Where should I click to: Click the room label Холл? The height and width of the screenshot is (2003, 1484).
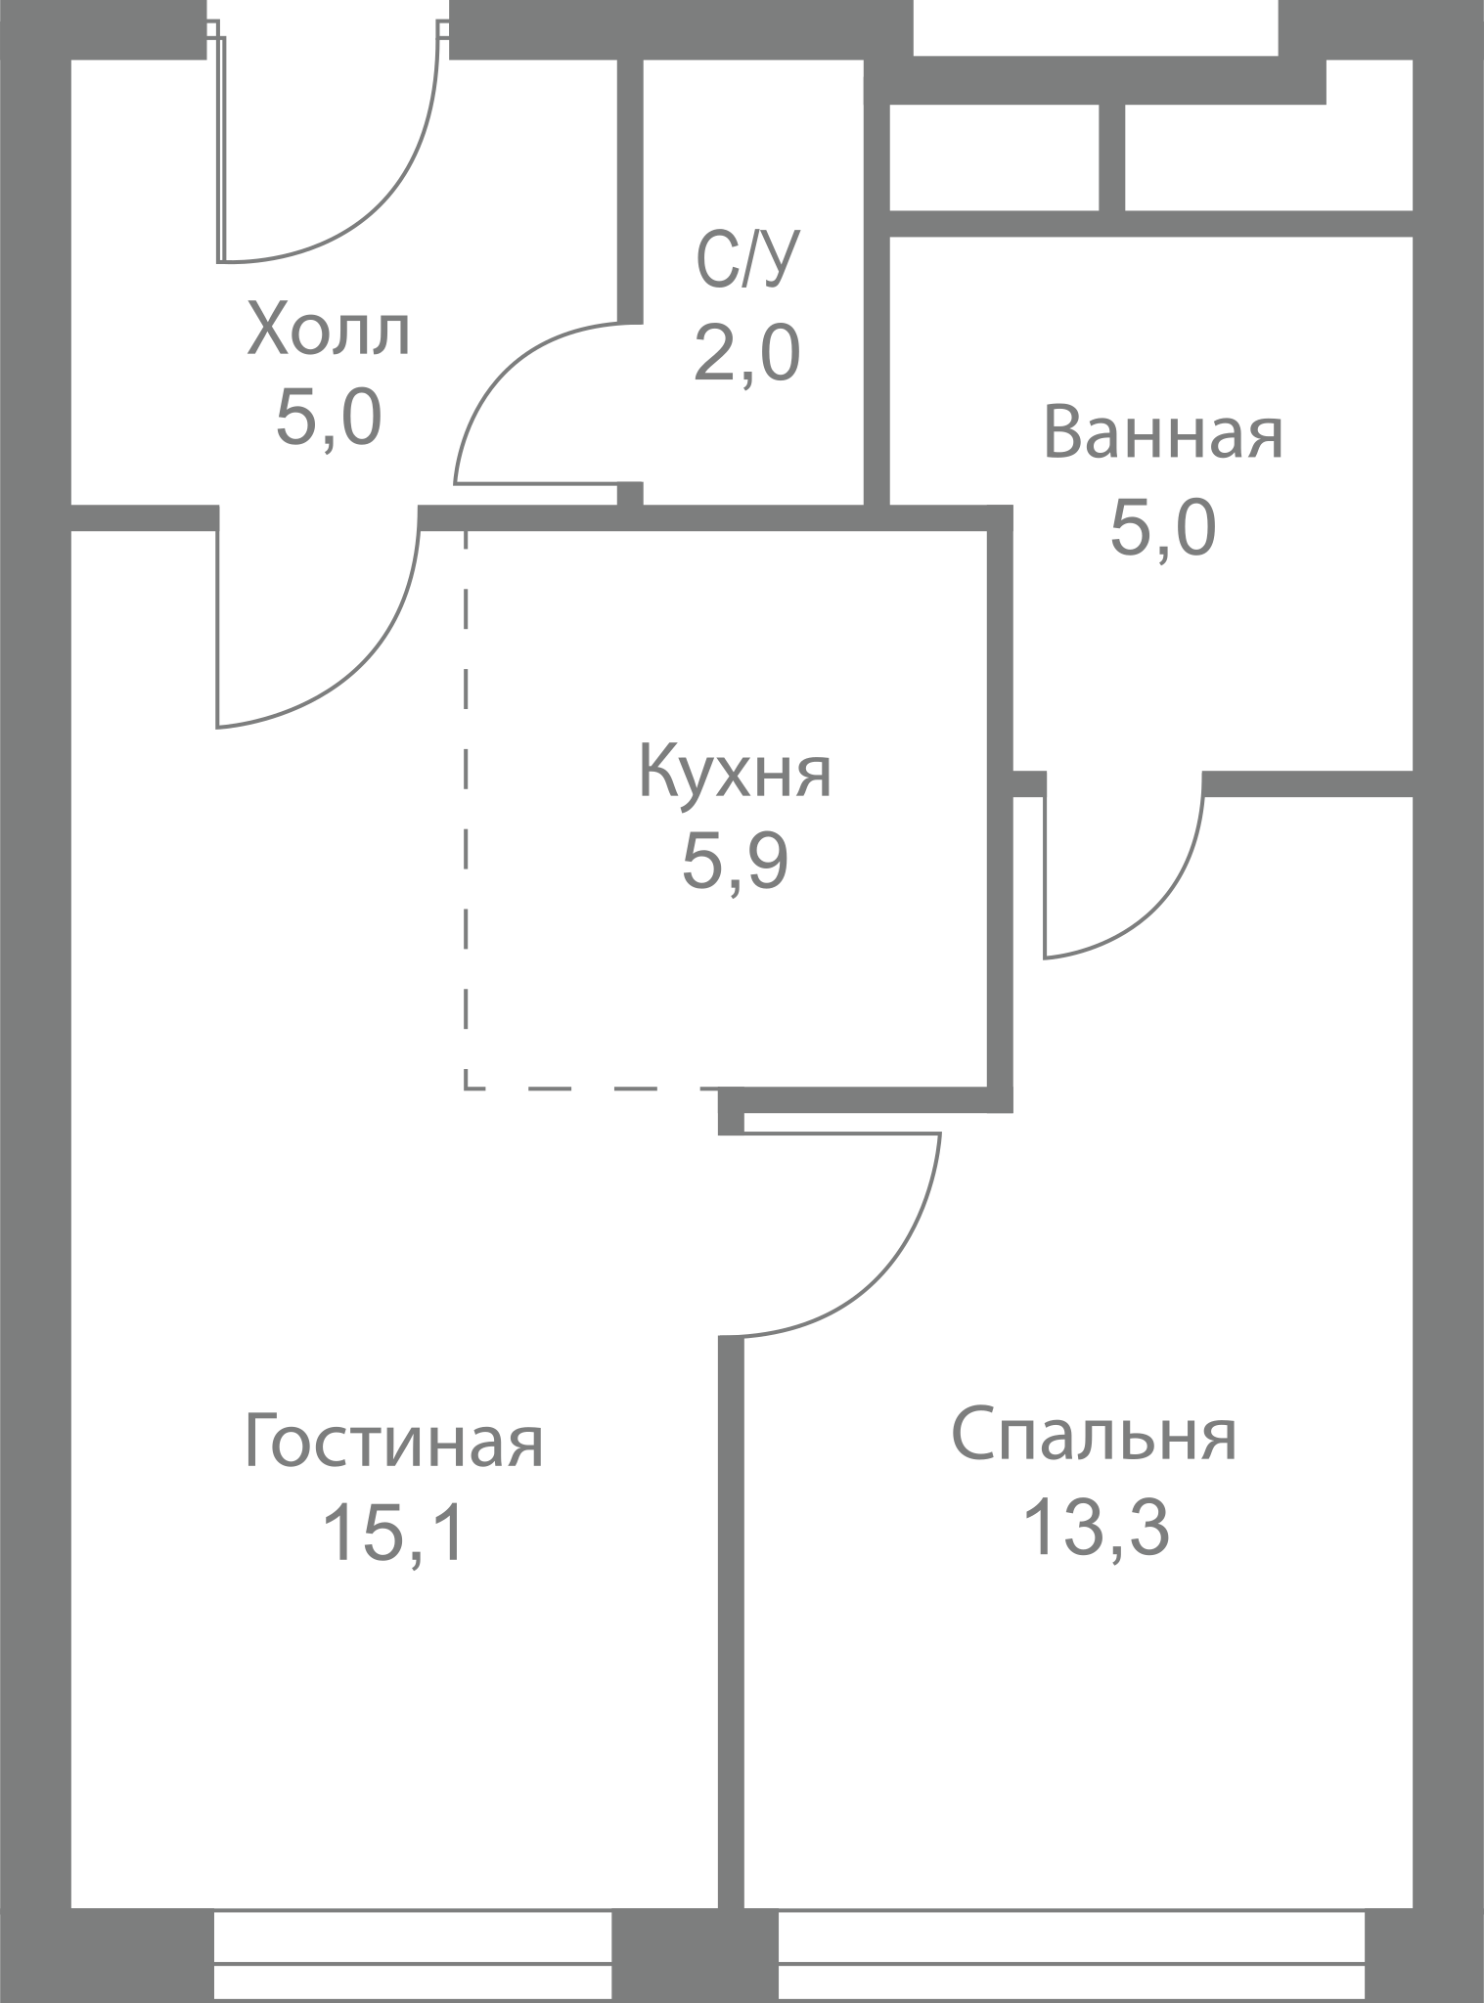[x=329, y=330]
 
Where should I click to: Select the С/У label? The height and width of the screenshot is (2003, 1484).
[x=747, y=260]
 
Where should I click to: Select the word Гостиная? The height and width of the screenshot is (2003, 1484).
[x=393, y=1441]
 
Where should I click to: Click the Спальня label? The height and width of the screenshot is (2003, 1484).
[x=1095, y=1436]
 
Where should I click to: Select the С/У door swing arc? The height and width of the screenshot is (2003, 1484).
[x=494, y=373]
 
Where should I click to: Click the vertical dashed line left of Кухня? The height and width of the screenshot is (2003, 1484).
[x=466, y=808]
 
